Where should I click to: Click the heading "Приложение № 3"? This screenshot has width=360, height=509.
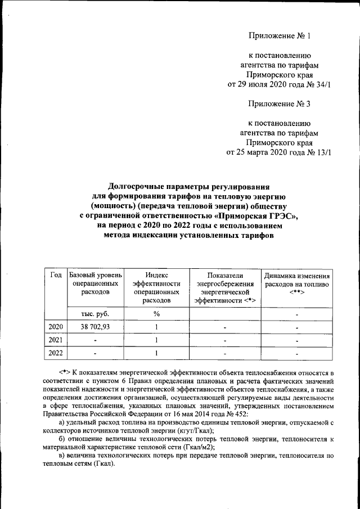coord(279,103)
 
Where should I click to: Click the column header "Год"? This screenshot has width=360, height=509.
coord(56,274)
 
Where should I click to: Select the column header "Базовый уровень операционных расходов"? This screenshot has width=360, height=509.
coord(95,283)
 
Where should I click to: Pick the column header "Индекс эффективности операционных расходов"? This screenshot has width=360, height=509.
coord(155,287)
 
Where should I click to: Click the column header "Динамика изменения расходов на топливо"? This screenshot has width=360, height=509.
coord(297,284)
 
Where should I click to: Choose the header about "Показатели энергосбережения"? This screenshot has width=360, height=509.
coord(224,287)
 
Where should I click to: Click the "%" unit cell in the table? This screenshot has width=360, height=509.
coord(156,313)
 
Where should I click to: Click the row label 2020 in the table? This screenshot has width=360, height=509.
coord(56,327)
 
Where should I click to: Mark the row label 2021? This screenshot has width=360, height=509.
coord(56,340)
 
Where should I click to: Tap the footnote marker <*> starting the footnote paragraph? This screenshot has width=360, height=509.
coord(64,373)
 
